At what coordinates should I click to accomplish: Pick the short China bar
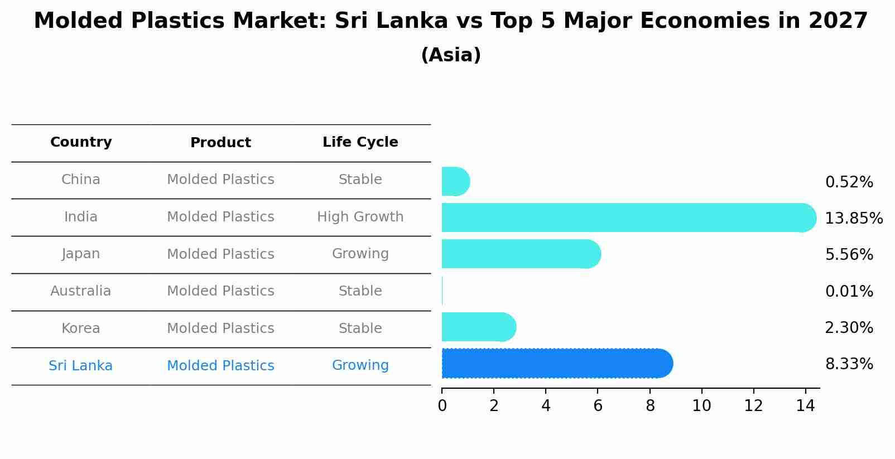(x=455, y=181)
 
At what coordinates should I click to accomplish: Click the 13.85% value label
(x=853, y=218)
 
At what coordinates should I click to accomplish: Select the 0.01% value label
(x=849, y=291)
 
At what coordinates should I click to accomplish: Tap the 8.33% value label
(x=849, y=364)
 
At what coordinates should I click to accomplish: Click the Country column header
(x=81, y=142)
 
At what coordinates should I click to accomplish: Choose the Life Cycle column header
(x=360, y=142)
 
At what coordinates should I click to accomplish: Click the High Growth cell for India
(x=360, y=217)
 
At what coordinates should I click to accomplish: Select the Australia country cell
(x=81, y=291)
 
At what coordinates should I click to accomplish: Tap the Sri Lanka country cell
(x=81, y=366)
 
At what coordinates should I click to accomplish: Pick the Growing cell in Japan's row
(x=360, y=254)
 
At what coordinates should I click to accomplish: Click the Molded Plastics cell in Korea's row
(x=220, y=328)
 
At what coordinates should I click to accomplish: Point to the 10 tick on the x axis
(x=701, y=405)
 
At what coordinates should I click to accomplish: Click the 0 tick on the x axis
(x=442, y=405)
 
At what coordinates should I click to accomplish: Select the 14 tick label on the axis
(x=805, y=405)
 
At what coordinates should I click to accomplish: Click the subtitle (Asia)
(x=451, y=55)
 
